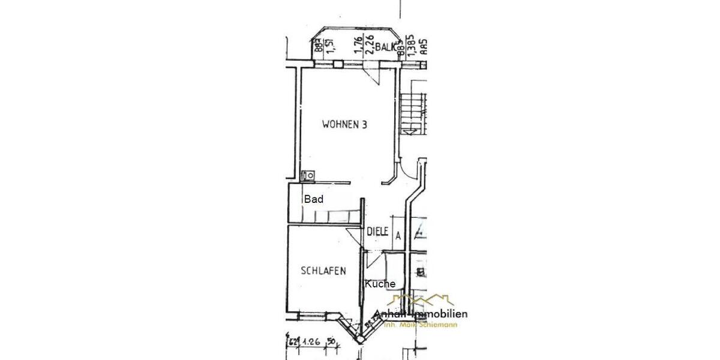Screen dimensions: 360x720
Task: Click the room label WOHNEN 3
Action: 344,125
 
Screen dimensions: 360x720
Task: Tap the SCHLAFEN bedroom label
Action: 323,271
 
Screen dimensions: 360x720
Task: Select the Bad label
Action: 313,200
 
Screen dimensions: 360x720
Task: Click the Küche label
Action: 380,284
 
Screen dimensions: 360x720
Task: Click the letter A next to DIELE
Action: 398,236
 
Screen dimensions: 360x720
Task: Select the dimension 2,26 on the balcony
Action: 370,46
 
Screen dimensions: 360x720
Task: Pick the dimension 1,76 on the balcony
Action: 358,46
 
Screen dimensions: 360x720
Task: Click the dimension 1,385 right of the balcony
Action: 412,47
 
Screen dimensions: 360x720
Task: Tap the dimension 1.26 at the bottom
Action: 310,343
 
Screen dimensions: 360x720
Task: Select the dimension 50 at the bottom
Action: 330,343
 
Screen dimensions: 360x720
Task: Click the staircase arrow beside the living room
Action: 410,130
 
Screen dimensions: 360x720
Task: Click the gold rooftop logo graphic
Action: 421,300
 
